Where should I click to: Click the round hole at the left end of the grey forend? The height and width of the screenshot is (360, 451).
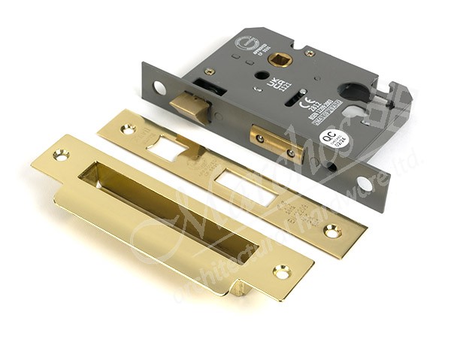(x=159, y=87)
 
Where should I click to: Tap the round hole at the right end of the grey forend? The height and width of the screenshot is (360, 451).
(x=363, y=184)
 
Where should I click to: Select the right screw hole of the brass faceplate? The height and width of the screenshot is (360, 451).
(x=333, y=232)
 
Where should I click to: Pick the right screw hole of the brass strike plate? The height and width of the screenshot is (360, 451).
(x=282, y=271)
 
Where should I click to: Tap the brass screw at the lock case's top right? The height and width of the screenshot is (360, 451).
(x=309, y=53)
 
